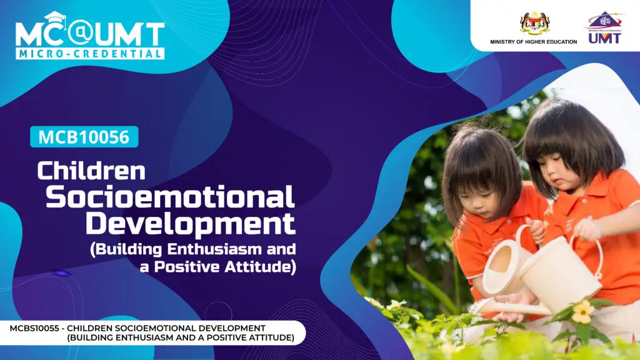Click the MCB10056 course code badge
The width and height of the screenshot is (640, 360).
tap(84, 137)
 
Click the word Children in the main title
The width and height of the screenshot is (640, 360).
tap(91, 171)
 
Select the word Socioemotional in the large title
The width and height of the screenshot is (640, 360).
tap(170, 197)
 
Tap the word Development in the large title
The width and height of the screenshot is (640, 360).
tap(190, 224)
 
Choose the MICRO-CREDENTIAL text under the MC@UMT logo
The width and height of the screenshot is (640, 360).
tap(90, 54)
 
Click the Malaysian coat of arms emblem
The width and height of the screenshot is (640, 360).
tap(535, 23)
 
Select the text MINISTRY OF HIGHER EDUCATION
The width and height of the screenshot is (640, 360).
tap(534, 42)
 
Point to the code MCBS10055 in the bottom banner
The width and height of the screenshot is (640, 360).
tap(34, 328)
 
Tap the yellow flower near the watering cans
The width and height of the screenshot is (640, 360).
tap(582, 312)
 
